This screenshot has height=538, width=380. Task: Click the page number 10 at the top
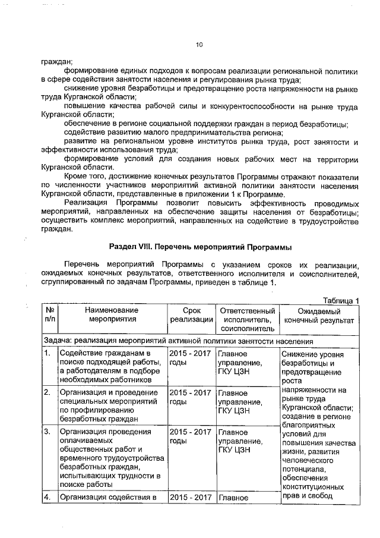tap(199, 44)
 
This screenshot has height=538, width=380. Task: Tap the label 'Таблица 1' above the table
tap(341, 300)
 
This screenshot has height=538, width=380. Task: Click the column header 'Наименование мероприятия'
tap(110, 314)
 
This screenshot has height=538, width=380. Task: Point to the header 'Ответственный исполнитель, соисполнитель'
tap(247, 319)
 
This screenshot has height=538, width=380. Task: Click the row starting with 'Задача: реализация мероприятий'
tap(178, 342)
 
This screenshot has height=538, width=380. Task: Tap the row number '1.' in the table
tap(46, 354)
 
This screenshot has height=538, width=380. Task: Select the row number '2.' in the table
tap(46, 392)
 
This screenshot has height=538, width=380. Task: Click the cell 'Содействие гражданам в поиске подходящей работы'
tap(110, 367)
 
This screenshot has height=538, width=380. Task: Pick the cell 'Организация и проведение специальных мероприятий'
tap(110, 405)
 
